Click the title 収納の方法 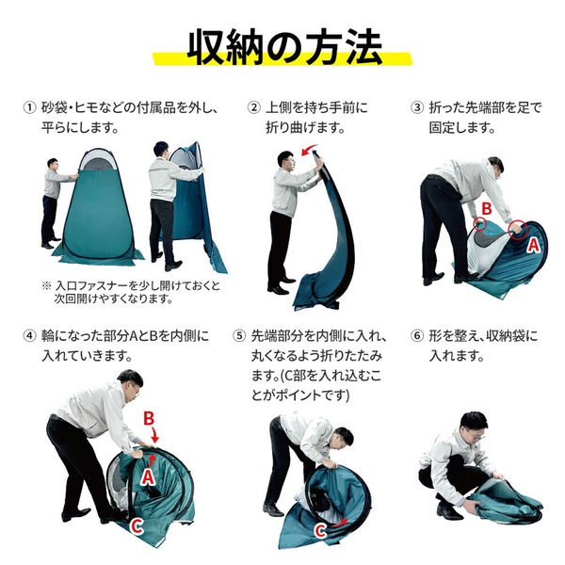[284, 47]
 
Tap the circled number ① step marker [29, 107]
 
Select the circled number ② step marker [253, 107]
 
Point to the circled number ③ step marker [417, 107]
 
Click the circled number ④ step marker [29, 336]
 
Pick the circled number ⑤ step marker [239, 336]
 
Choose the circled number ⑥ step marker [417, 336]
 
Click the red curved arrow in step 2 [308, 149]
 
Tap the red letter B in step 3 [487, 209]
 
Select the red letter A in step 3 [533, 245]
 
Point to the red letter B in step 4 [149, 419]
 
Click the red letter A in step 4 [148, 476]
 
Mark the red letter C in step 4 [137, 526]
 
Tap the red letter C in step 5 [320, 531]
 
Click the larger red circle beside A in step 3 [518, 230]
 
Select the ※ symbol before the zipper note [46, 286]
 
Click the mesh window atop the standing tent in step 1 [98, 161]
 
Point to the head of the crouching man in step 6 [475, 425]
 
